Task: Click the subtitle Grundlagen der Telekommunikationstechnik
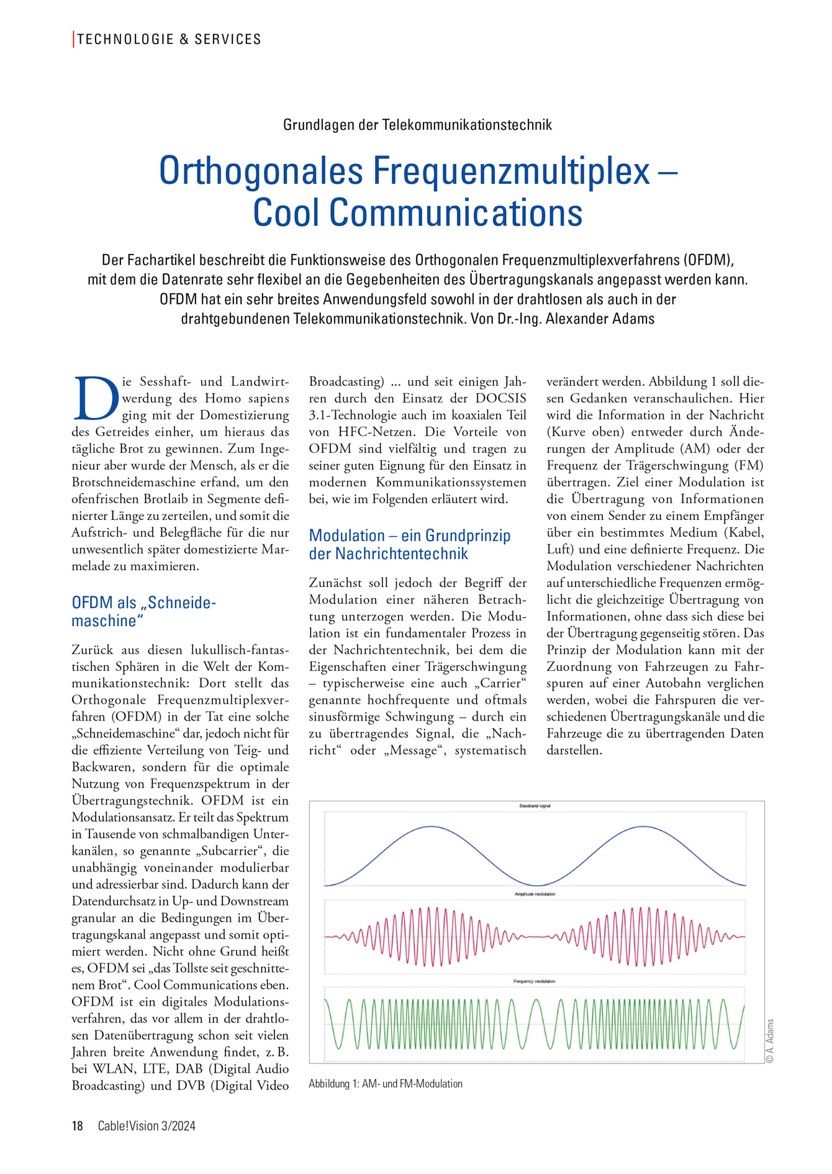tap(417, 125)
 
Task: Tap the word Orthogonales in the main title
tap(260, 171)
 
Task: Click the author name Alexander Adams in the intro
tap(600, 319)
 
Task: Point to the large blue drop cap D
tap(96, 398)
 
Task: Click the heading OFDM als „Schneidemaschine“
tap(143, 611)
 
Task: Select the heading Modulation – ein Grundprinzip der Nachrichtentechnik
tap(410, 544)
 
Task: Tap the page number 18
tap(78, 1126)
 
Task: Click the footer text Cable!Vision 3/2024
tap(147, 1126)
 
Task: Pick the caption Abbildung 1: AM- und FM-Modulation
tap(386, 1084)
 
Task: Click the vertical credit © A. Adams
tap(770, 1040)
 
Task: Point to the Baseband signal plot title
tap(535, 806)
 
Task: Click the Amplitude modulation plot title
tap(535, 894)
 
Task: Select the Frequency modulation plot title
tap(535, 981)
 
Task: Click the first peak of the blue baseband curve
tap(431, 827)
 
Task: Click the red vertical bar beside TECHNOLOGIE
tap(74, 39)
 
